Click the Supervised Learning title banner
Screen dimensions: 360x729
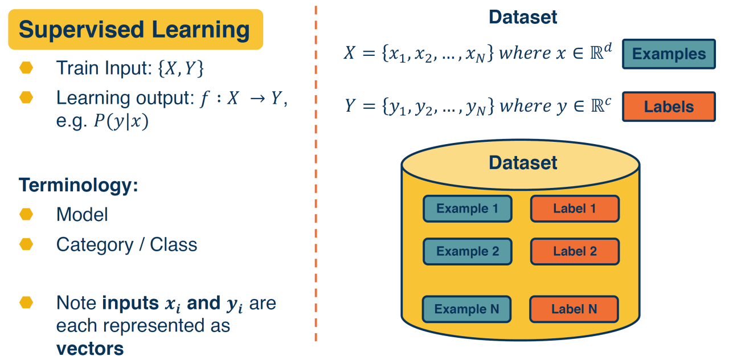[135, 29]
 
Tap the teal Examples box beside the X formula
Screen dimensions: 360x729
[669, 54]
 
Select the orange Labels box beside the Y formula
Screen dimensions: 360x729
[669, 107]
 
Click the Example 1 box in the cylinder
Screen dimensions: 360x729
[467, 208]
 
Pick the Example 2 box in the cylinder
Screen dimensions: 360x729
[467, 251]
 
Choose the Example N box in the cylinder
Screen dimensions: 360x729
[466, 309]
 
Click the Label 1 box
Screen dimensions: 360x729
[574, 208]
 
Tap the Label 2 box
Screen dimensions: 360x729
[574, 251]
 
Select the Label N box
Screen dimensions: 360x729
[574, 309]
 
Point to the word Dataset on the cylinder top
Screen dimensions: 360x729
[523, 163]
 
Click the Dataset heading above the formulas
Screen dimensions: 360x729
[523, 17]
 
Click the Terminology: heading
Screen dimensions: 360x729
[79, 185]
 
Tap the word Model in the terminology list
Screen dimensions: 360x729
[82, 215]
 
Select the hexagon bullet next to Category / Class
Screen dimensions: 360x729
[26, 244]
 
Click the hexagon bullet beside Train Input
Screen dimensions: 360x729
[26, 68]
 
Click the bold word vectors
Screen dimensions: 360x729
[89, 347]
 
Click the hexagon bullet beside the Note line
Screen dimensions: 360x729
[26, 302]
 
